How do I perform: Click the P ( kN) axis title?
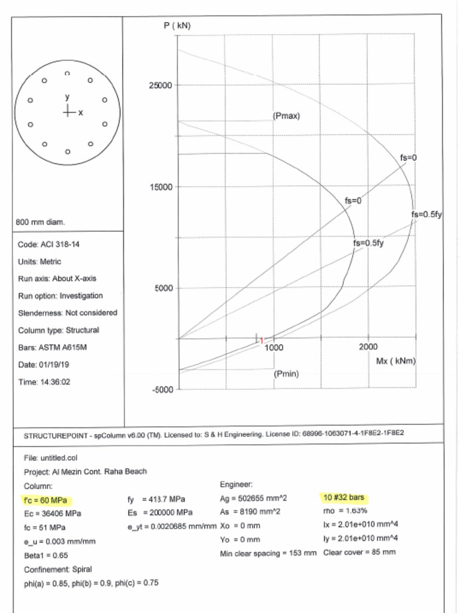coord(177,26)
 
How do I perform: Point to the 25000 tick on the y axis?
coord(160,85)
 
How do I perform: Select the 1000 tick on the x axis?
coord(274,347)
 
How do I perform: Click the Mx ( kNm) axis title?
coord(395,361)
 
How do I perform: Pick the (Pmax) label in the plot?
coord(286,116)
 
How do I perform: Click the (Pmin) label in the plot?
coord(286,374)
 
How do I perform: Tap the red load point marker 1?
coord(261,340)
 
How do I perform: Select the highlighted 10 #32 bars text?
coord(343,497)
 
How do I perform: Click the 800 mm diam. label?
coord(40,222)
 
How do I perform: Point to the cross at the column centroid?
coord(68,111)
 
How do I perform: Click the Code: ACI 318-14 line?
coord(47,245)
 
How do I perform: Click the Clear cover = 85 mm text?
coord(359,552)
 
